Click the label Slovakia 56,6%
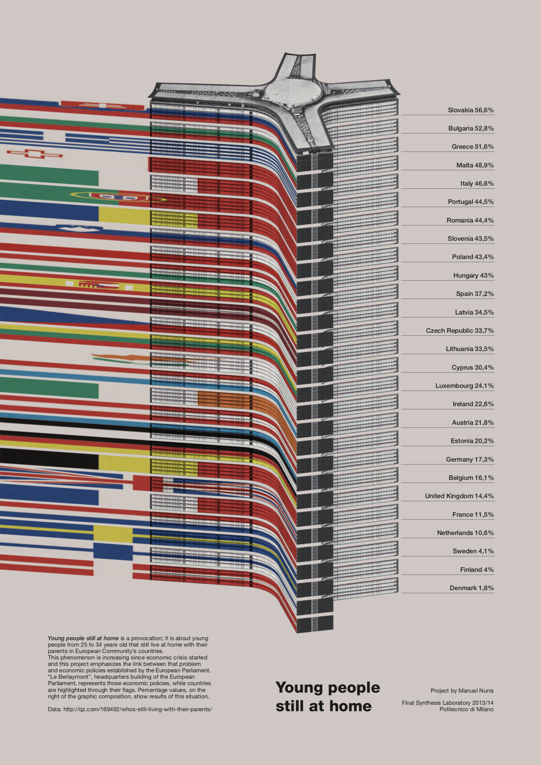point(471,110)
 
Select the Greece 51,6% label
point(472,146)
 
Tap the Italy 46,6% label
point(477,183)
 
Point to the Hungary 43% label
point(473,275)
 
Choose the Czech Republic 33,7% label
point(459,330)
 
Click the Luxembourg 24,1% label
point(464,386)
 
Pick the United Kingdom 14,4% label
point(459,496)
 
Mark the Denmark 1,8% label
point(471,588)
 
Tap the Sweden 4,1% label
point(473,551)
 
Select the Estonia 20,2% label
point(472,441)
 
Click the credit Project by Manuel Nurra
point(462,690)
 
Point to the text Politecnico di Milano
point(466,709)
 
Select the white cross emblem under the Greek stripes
point(34,154)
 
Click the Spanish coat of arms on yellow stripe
point(99,285)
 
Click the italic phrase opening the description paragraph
point(83,638)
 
